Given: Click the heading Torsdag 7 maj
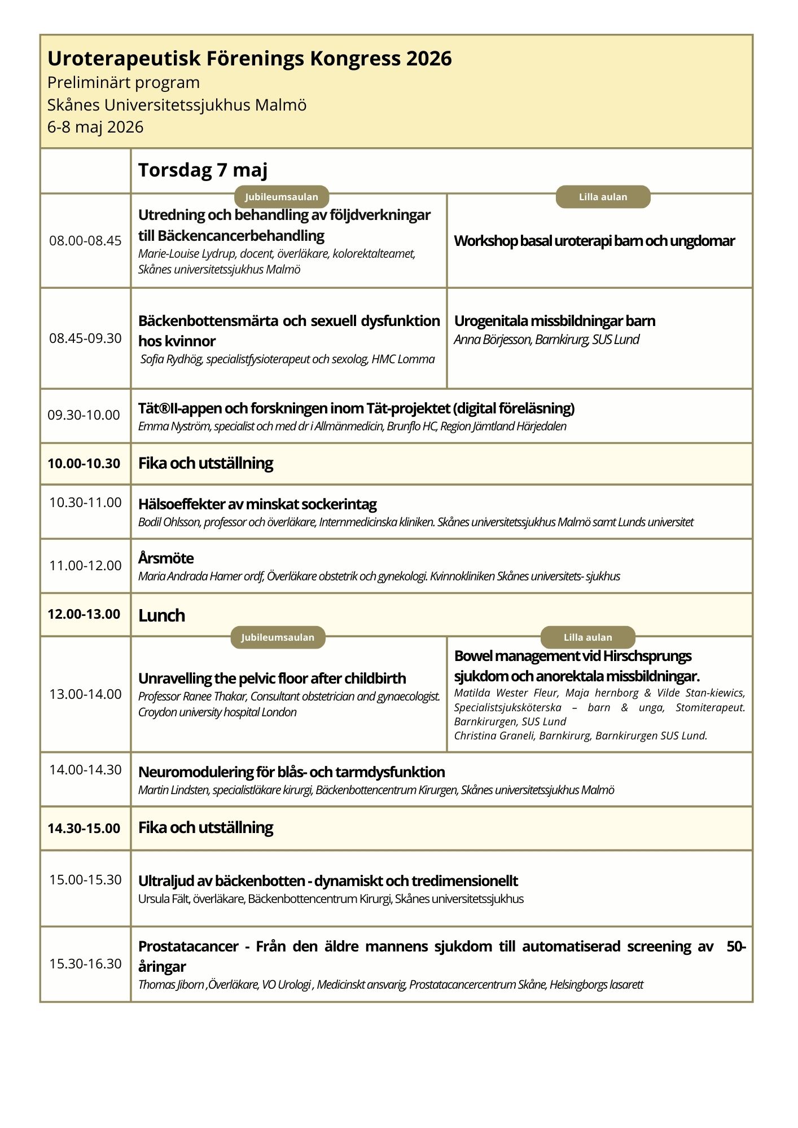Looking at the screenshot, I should click(x=203, y=170).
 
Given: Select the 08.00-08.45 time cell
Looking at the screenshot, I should click(x=85, y=241).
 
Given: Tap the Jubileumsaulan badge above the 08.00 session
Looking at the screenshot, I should click(x=282, y=197).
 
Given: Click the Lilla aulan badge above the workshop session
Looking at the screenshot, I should click(x=603, y=197).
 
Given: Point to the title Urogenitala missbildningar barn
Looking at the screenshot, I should click(x=554, y=321).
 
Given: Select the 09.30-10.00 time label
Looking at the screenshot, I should click(x=84, y=415).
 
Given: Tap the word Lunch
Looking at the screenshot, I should click(x=161, y=615).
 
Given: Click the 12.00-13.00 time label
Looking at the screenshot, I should click(x=84, y=614).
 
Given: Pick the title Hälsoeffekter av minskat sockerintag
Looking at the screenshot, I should click(x=257, y=504).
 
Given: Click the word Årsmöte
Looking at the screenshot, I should click(x=166, y=558).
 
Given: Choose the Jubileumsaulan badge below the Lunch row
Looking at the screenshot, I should click(x=278, y=637).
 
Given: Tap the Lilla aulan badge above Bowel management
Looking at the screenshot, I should click(x=587, y=637).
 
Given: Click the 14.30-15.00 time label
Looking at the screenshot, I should click(x=84, y=829).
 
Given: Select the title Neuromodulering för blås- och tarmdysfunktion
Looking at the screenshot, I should click(x=291, y=772).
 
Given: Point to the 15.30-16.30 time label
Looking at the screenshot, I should click(x=85, y=964).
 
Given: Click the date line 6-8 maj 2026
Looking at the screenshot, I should click(x=95, y=127).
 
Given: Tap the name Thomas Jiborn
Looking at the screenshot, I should click(x=171, y=985).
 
